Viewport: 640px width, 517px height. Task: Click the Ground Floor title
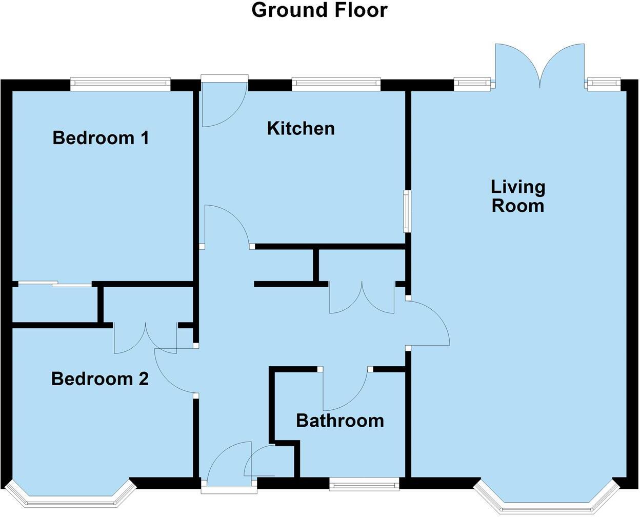click(x=319, y=10)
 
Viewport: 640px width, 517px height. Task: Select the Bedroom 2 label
click(x=100, y=379)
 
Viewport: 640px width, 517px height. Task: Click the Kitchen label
click(x=301, y=128)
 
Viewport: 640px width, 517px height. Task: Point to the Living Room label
click(x=517, y=196)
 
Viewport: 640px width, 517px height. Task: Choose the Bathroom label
click(x=340, y=421)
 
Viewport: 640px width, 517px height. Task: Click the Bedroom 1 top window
click(x=120, y=84)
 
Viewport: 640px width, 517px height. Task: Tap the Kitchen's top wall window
click(x=336, y=84)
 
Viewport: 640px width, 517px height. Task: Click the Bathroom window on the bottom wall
click(x=364, y=484)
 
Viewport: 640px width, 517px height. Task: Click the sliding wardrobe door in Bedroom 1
click(x=54, y=284)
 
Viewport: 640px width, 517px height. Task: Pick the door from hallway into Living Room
click(x=428, y=323)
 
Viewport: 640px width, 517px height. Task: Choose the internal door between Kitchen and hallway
click(x=227, y=226)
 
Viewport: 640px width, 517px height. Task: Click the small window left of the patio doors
click(x=472, y=83)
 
